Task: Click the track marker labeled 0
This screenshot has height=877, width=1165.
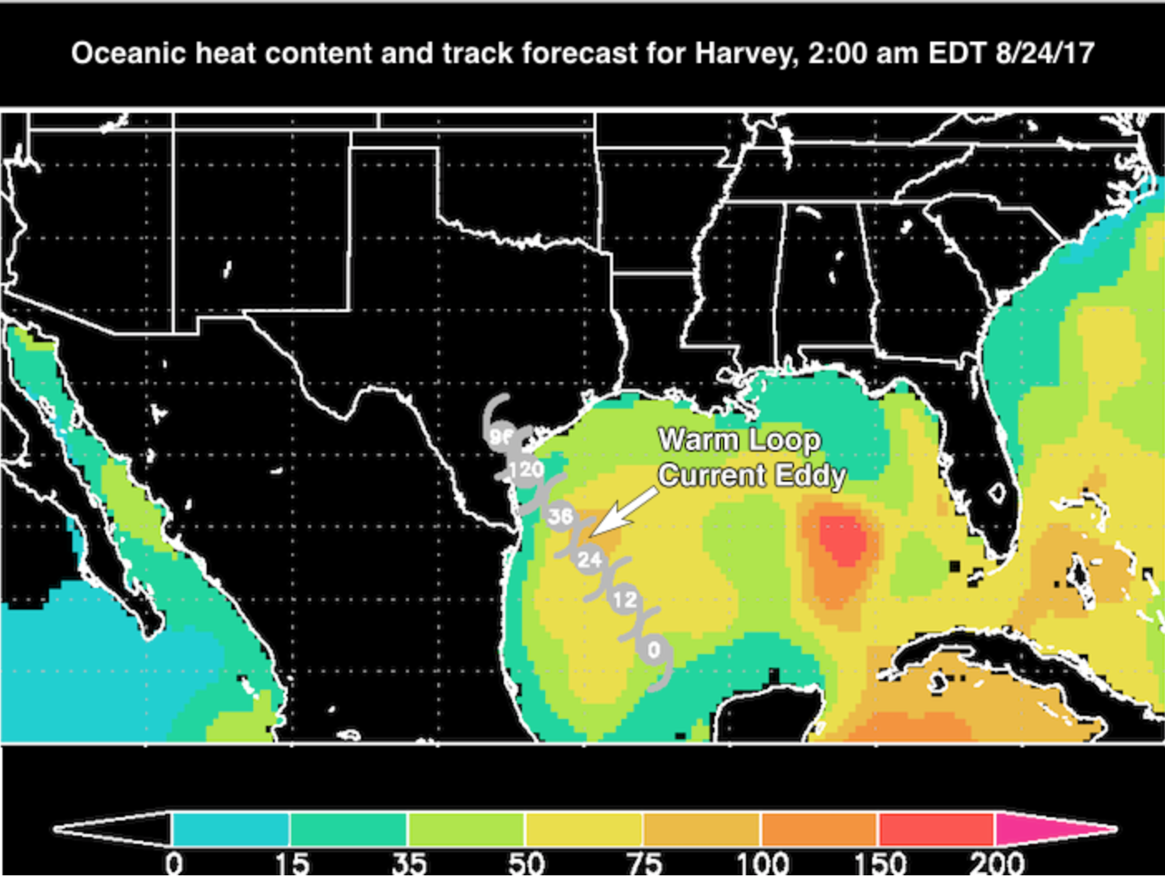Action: point(654,649)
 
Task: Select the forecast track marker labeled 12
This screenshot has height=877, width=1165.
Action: point(625,599)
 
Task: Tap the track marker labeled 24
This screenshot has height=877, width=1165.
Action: point(589,559)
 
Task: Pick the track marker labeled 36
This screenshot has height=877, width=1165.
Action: point(560,516)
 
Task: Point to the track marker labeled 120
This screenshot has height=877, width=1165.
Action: point(526,470)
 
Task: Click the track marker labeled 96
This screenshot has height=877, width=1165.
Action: point(500,436)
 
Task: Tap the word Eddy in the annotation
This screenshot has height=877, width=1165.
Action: point(810,476)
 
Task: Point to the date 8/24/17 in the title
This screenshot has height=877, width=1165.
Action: point(1045,53)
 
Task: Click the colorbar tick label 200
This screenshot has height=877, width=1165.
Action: point(997,864)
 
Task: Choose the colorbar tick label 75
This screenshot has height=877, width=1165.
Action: point(643,864)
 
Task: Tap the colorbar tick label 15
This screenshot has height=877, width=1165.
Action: point(290,864)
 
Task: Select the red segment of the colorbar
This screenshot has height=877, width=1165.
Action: point(936,829)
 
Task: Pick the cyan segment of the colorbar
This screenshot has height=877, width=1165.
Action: point(230,829)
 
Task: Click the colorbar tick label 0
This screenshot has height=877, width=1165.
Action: point(173,864)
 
